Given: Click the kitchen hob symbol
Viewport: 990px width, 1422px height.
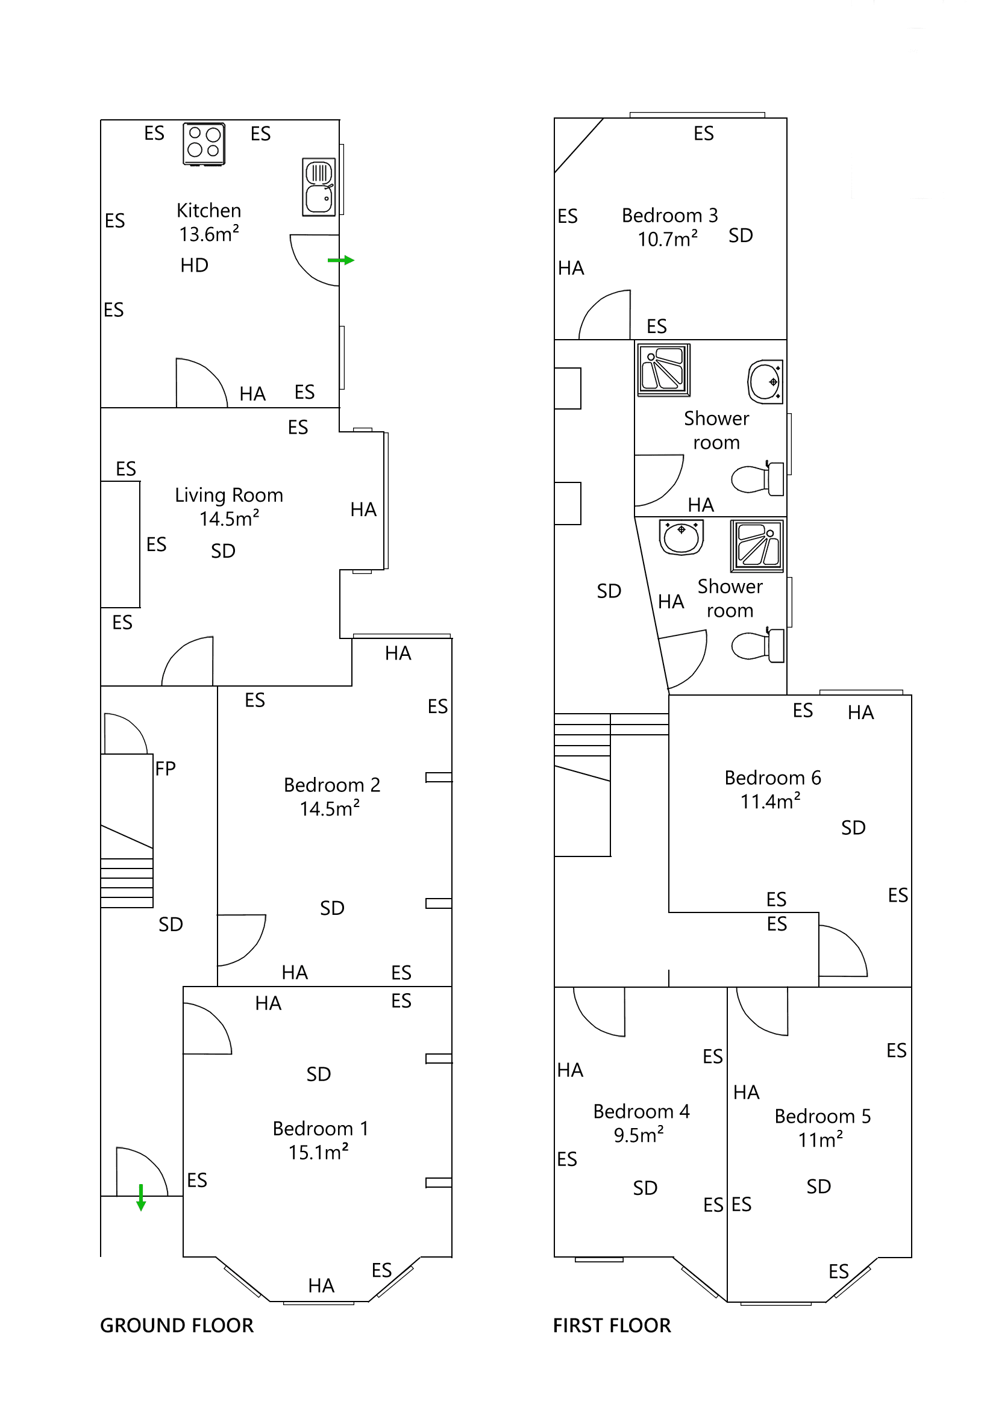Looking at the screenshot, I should tap(203, 144).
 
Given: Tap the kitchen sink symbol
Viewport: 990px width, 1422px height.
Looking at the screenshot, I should tap(318, 187).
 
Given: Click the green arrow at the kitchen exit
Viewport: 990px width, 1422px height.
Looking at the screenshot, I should tap(340, 260).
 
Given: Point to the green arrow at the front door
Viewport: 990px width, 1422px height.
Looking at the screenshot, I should tap(140, 1197).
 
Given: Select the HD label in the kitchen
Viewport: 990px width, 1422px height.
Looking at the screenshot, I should tap(194, 265).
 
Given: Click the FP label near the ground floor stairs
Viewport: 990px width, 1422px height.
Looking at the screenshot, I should tap(166, 768).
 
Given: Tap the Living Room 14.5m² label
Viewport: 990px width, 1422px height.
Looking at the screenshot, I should tap(228, 506).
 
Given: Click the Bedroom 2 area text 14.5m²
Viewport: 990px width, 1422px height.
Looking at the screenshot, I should tap(330, 809).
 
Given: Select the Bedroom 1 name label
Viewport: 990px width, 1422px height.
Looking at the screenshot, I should tap(321, 1129).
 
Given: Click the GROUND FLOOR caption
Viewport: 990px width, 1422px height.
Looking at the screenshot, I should tap(177, 1326).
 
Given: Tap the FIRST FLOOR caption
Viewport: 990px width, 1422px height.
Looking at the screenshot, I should tap(612, 1326).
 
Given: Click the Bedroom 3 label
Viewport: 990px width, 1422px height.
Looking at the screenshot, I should tap(669, 216).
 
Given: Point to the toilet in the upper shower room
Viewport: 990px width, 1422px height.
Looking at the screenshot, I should tap(757, 479).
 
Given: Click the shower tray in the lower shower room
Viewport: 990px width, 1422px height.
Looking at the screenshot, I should tap(756, 546).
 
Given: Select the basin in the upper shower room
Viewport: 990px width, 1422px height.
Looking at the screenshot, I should tap(765, 381).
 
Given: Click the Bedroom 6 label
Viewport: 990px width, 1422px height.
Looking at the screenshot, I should tap(772, 778).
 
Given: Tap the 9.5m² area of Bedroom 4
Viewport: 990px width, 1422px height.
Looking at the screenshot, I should tap(638, 1136).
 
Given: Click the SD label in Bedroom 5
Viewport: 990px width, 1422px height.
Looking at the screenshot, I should tap(818, 1187).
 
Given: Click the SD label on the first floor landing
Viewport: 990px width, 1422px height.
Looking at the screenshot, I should tap(609, 591).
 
